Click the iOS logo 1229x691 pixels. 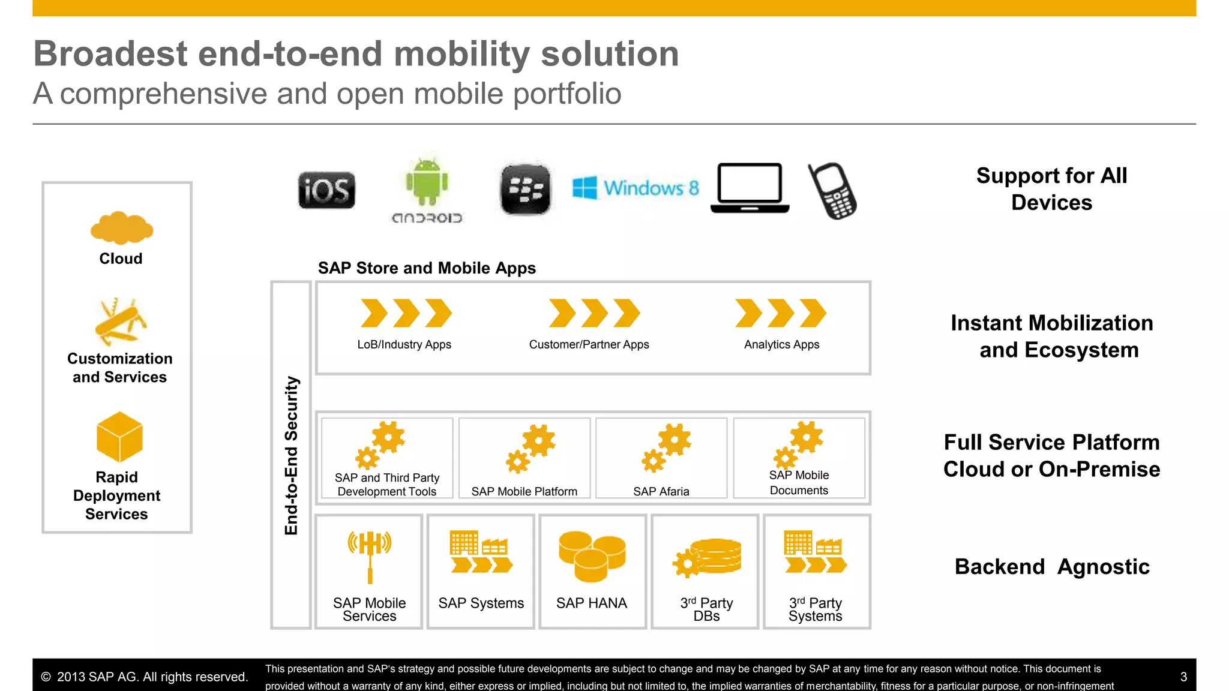[x=326, y=191]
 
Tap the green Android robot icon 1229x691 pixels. [x=427, y=182]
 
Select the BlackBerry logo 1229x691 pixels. [x=525, y=190]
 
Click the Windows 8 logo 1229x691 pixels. [x=636, y=188]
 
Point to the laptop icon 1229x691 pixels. [x=750, y=188]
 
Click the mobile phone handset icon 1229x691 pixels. [x=833, y=191]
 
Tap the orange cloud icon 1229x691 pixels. [x=122, y=228]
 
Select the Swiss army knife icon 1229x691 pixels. [x=120, y=322]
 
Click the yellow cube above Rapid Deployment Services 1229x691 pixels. [x=119, y=437]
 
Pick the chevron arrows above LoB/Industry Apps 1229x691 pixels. [x=406, y=313]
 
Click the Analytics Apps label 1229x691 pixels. [x=781, y=344]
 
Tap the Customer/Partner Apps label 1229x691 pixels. [x=589, y=344]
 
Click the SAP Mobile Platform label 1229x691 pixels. [x=524, y=491]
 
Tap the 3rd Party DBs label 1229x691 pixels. [x=706, y=609]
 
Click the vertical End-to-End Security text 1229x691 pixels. [x=291, y=455]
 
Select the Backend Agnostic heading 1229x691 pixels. [x=1051, y=566]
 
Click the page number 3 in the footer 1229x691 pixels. [x=1183, y=677]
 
